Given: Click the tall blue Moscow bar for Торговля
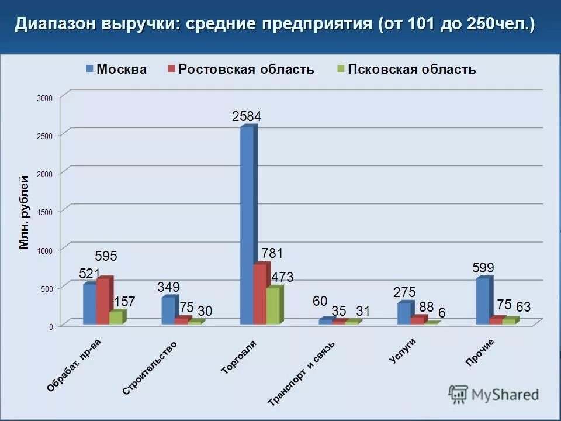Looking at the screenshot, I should [247, 225].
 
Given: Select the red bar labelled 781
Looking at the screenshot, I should [260, 294].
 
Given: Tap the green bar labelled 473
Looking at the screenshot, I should [273, 305].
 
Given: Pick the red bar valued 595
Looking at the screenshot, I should [103, 301].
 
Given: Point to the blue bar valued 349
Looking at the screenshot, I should [168, 310].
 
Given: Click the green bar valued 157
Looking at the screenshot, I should [116, 318].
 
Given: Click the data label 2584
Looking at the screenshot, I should [247, 116].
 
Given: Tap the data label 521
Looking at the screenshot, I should [89, 274].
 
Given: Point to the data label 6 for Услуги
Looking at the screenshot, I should [442, 313].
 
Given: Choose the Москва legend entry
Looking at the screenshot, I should [117, 69].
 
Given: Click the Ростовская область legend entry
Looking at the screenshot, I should [241, 69].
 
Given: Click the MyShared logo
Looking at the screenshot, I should [494, 394].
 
